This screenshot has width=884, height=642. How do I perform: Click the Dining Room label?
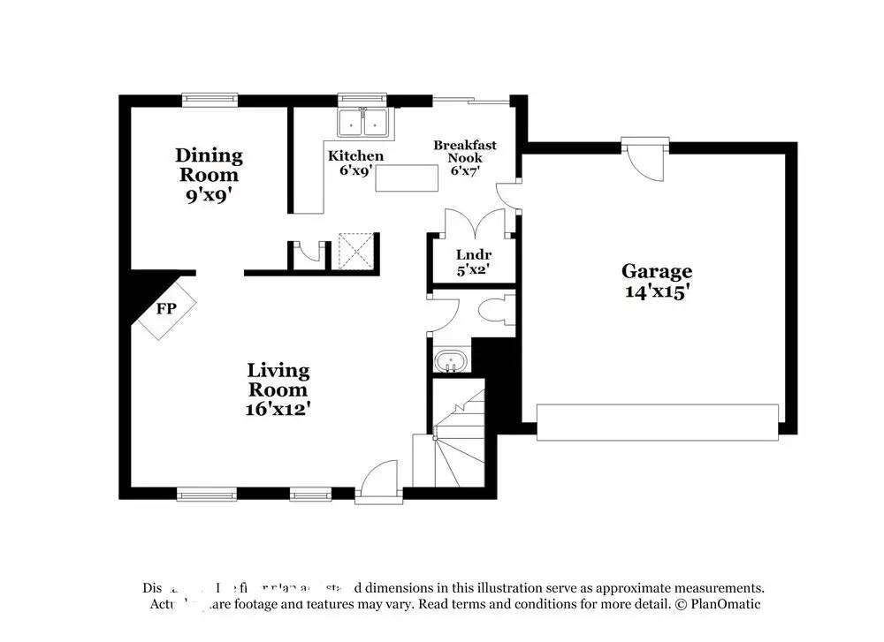point(209,165)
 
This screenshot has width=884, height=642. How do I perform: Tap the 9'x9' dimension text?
point(209,194)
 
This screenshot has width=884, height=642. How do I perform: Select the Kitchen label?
point(355,156)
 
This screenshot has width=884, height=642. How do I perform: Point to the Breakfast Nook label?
point(464,151)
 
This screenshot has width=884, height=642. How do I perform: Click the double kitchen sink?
point(364,124)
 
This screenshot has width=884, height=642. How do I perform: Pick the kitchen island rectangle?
point(407,178)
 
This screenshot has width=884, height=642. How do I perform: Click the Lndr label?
point(474,256)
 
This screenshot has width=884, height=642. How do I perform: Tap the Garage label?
point(656,271)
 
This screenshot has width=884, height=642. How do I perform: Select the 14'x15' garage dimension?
point(656,292)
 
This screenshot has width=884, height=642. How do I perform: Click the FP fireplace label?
point(165,309)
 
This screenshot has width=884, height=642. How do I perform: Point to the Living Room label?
point(278,380)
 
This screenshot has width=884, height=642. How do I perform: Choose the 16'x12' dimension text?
point(278,409)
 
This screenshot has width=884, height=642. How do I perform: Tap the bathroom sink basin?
point(451,362)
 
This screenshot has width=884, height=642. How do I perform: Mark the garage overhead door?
point(658,422)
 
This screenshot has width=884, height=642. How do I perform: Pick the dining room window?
point(210,100)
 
